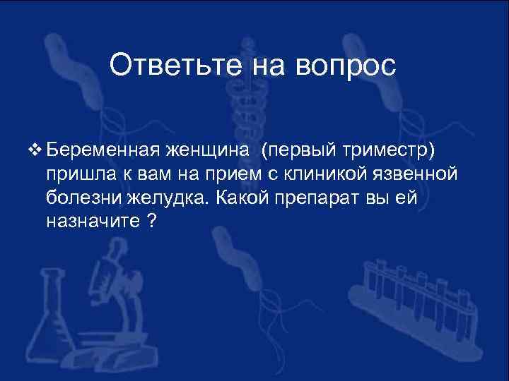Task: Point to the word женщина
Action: [210, 150]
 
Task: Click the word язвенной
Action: [431, 174]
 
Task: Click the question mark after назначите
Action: [151, 221]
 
